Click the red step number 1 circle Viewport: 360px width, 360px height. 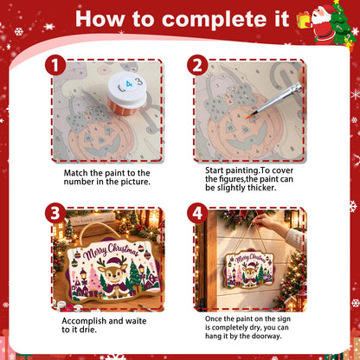click(x=55, y=65)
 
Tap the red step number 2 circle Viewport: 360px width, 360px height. click(x=197, y=65)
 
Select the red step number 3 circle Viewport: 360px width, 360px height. click(x=55, y=213)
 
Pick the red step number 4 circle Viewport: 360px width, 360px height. click(x=197, y=213)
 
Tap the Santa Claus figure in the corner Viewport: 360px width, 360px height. click(x=324, y=24)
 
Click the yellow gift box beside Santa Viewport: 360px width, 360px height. click(x=304, y=21)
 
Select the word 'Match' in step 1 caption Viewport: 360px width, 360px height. click(x=75, y=173)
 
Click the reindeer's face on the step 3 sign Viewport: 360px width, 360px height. click(x=112, y=275)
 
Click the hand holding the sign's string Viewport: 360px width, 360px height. click(x=262, y=222)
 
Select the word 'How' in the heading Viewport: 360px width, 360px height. click(x=100, y=20)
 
